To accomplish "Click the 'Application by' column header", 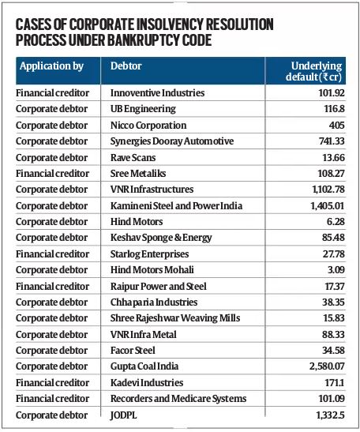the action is [51, 66].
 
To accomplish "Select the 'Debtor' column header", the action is [126, 66].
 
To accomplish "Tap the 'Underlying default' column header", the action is [313, 71].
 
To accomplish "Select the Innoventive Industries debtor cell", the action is [157, 93].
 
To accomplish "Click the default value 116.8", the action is [334, 109].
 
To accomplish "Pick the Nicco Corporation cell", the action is [148, 126].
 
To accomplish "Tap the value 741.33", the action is [332, 141].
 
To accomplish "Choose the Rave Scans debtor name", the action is [133, 158].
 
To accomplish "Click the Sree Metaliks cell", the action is [138, 174].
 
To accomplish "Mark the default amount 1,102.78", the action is [328, 190].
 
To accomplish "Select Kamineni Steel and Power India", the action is [176, 206].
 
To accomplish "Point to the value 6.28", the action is [336, 222].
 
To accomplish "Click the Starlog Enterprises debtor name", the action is [149, 254].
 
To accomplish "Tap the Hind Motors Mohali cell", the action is [152, 270].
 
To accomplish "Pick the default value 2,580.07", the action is [327, 366].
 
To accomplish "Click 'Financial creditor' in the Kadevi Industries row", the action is [52, 383].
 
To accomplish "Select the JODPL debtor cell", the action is [123, 415].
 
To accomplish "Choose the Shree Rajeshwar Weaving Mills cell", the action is [175, 318].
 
